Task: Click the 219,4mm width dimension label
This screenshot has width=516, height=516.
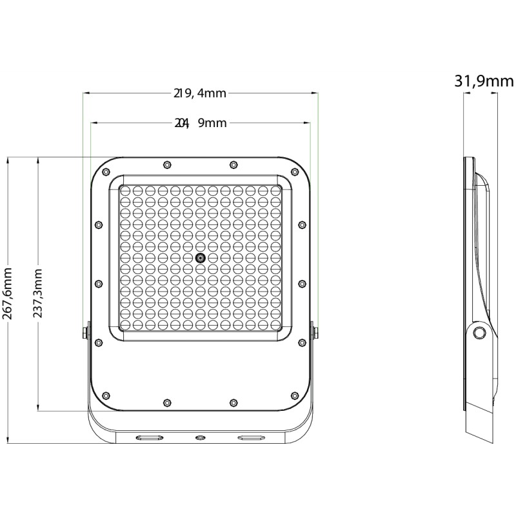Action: coord(200,94)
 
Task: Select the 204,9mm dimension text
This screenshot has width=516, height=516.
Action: coord(200,123)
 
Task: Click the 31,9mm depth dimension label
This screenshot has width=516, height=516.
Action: coord(484,81)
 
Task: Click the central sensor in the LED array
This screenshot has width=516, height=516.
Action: coord(200,258)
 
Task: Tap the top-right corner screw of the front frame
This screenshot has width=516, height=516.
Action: coord(294,172)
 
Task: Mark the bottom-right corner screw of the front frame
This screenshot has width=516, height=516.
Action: coord(294,395)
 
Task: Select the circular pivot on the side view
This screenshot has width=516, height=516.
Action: coord(479,332)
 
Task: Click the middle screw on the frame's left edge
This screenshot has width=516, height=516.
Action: coord(99,283)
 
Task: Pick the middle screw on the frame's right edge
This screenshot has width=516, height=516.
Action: coord(301,283)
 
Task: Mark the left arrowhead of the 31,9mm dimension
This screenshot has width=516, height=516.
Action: coord(465,94)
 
